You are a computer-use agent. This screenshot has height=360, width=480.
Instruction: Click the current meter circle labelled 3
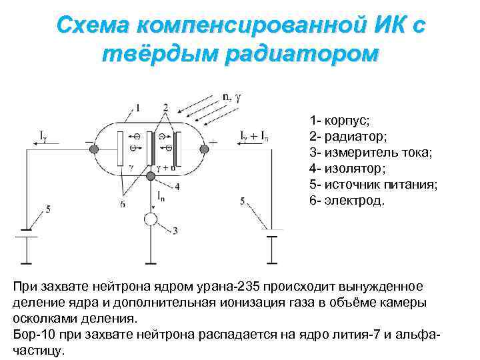pyautogui.click(x=151, y=219)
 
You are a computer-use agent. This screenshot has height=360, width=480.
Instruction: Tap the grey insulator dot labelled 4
pyautogui.click(x=151, y=175)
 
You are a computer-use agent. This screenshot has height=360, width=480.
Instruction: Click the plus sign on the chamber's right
pyautogui.click(x=213, y=142)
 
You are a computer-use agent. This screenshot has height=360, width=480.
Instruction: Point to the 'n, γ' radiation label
pyautogui.click(x=232, y=97)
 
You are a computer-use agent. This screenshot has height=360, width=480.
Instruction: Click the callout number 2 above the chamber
pyautogui.click(x=165, y=108)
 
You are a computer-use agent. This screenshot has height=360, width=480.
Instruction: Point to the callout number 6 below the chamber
pyautogui.click(x=122, y=204)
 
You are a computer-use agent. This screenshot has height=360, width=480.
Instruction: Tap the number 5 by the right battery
pyautogui.click(x=243, y=200)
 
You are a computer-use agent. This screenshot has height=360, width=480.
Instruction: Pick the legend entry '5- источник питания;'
pyautogui.click(x=373, y=185)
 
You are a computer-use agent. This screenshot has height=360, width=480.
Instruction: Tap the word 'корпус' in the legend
pyautogui.click(x=347, y=121)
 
